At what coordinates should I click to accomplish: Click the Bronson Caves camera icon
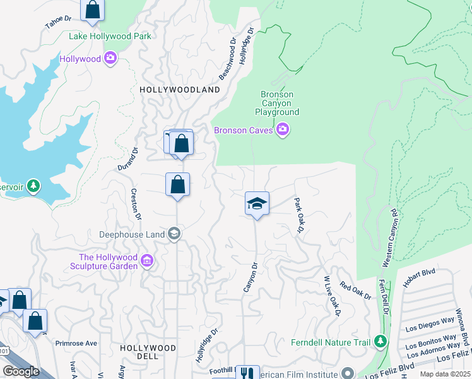coord(283,130)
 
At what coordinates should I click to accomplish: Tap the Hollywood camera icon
coord(111,59)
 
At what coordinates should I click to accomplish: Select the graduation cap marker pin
coord(257,203)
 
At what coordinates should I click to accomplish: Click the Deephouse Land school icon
coord(175,234)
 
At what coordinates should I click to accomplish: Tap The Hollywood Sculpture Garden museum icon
coord(148,261)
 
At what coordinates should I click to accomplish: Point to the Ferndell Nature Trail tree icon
coord(380,342)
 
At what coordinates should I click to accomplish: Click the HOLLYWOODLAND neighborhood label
coord(180,90)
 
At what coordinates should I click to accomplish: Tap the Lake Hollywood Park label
coord(110,36)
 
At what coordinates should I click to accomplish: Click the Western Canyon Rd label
coord(389,237)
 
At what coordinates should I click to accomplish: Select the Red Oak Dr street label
coord(355,291)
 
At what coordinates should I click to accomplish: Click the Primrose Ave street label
coord(76,344)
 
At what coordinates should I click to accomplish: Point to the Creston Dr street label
coord(135,203)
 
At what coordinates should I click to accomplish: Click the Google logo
coord(21,371)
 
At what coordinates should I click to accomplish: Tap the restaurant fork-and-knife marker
coord(247,373)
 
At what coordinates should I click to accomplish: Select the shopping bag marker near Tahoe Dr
coord(92,11)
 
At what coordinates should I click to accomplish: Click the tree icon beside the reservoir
coord(33,186)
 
